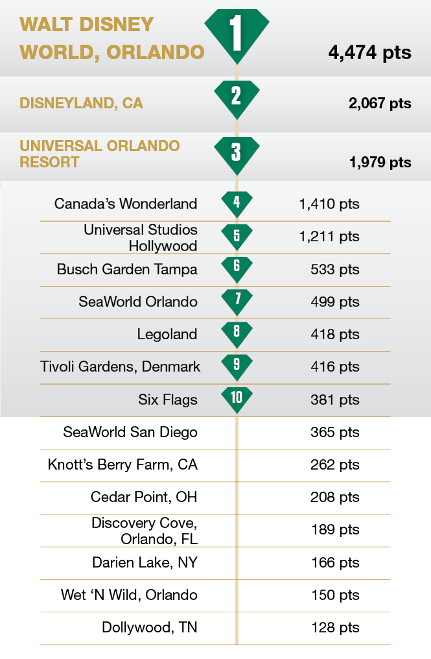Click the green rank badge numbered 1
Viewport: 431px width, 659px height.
pyautogui.click(x=237, y=34)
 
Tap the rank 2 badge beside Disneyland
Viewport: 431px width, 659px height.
pyautogui.click(x=237, y=97)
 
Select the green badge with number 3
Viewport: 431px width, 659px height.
pyautogui.click(x=237, y=153)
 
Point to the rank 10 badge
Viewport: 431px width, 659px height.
pyautogui.click(x=237, y=396)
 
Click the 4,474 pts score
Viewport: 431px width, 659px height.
pyautogui.click(x=369, y=52)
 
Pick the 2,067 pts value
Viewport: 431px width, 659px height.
pyautogui.click(x=379, y=103)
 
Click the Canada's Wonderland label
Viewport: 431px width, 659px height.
pyautogui.click(x=126, y=204)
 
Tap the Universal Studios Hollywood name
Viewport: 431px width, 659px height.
pyautogui.click(x=141, y=237)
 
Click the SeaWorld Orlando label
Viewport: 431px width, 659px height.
pyautogui.click(x=138, y=302)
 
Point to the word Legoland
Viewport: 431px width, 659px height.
pyautogui.click(x=167, y=334)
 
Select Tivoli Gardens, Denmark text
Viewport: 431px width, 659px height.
pyautogui.click(x=121, y=366)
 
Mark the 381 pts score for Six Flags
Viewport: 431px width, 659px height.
pyautogui.click(x=335, y=400)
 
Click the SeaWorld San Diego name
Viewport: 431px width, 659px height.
pyautogui.click(x=130, y=432)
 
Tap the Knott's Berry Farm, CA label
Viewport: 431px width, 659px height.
pyautogui.click(x=122, y=464)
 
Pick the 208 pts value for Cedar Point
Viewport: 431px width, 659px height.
pyautogui.click(x=335, y=497)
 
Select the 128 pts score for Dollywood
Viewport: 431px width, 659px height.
pyautogui.click(x=335, y=627)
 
